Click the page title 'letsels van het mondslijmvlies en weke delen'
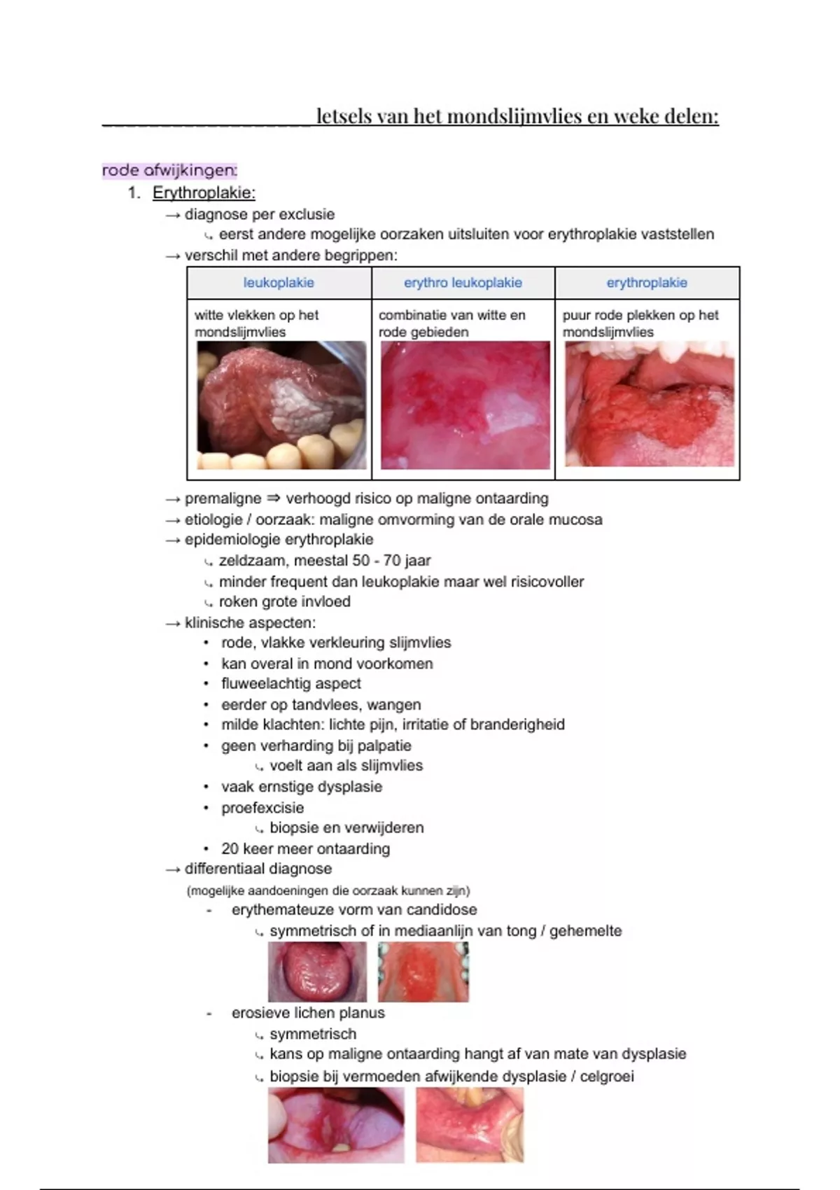click(517, 116)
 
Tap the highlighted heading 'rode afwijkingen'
click(169, 170)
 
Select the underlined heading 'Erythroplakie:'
click(204, 192)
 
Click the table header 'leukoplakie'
click(279, 283)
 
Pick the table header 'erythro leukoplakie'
click(463, 283)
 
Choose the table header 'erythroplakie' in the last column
click(647, 283)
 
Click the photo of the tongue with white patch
click(281, 405)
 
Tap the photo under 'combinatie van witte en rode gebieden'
click(465, 405)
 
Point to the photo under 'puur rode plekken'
click(650, 404)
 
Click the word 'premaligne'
click(223, 498)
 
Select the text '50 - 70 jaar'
click(394, 561)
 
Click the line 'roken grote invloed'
click(284, 601)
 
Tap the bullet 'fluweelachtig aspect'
click(291, 683)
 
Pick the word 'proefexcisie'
click(262, 807)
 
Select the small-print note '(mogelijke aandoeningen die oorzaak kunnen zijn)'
click(328, 890)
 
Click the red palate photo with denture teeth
click(423, 972)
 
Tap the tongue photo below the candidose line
click(317, 972)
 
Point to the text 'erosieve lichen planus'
click(308, 1012)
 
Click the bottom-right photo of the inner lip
click(470, 1125)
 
